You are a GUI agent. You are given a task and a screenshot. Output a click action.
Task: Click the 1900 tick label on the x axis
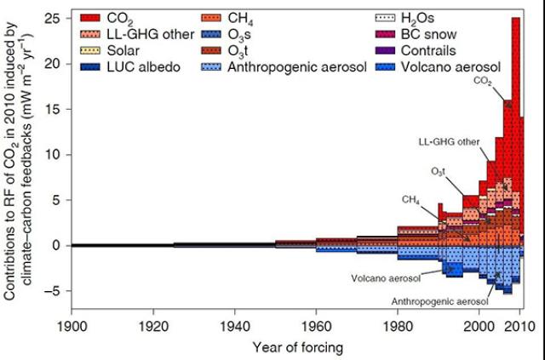[x=72, y=324]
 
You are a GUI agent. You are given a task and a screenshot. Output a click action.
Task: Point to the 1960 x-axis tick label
[x=314, y=324]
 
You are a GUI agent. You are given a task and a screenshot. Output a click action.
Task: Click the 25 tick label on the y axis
[x=54, y=19]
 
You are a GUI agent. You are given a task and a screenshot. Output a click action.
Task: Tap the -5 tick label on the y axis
[x=53, y=291]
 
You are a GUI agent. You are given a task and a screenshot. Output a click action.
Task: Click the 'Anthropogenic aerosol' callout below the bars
[x=439, y=301]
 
